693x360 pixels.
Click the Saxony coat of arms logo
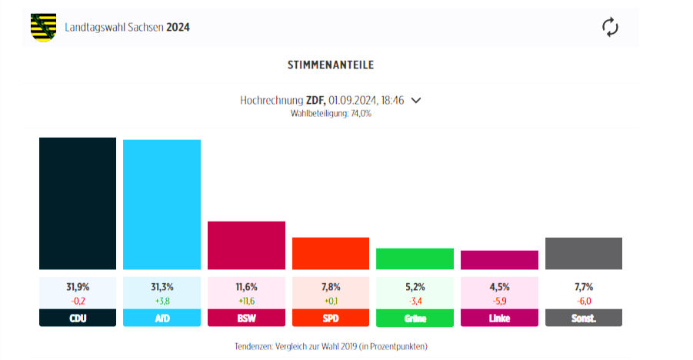click(43, 28)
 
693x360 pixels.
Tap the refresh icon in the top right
click(610, 28)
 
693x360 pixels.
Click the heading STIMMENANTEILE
click(331, 65)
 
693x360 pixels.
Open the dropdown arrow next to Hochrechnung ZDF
click(416, 100)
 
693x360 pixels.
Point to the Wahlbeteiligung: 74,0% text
click(331, 113)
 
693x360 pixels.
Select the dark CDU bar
click(78, 204)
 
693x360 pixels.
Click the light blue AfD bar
click(162, 205)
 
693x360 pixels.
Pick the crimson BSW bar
click(246, 245)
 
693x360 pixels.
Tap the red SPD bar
click(331, 253)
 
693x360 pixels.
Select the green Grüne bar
click(415, 258)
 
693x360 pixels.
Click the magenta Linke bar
click(499, 260)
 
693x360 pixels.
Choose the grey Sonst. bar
click(584, 253)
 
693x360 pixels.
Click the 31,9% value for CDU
click(78, 287)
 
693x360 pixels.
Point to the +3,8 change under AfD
click(162, 301)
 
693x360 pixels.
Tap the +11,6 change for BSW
click(246, 301)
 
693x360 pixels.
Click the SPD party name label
click(331, 318)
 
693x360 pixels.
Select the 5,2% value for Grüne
click(415, 287)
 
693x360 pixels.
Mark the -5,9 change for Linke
click(499, 301)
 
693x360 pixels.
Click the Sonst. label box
click(584, 318)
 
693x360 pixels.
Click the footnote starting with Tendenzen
click(331, 346)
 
